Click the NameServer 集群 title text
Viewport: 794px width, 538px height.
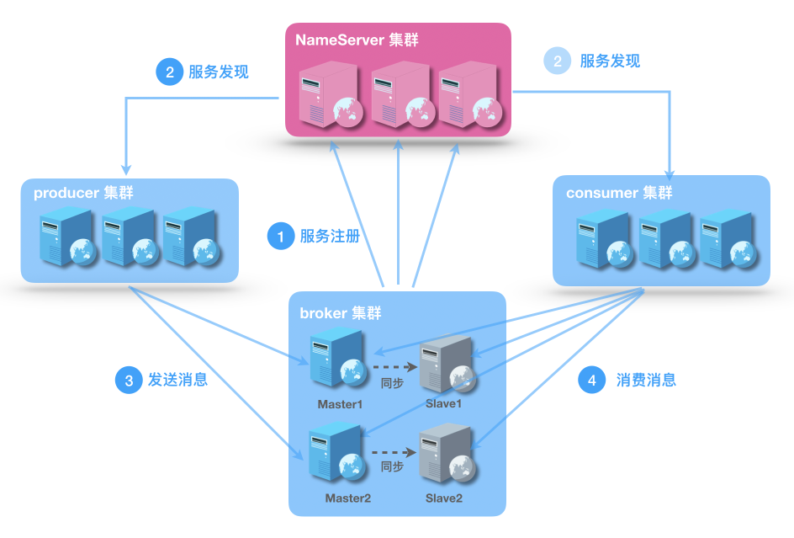click(356, 40)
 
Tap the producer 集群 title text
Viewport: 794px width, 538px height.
click(83, 193)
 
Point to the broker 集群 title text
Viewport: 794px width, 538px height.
click(341, 313)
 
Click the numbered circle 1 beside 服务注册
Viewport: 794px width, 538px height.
click(281, 237)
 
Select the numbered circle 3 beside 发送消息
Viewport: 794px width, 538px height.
click(129, 381)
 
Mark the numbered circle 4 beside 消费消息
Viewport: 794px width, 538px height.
click(592, 381)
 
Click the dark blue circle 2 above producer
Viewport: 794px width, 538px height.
click(170, 72)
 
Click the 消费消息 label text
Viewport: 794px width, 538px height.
click(646, 381)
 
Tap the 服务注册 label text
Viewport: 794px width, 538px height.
click(330, 237)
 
